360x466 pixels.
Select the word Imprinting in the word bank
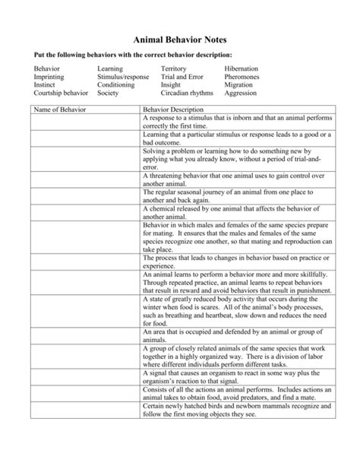49,77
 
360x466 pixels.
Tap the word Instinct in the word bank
45,85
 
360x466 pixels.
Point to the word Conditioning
117,85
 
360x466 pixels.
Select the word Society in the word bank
109,94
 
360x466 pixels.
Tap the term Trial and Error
182,77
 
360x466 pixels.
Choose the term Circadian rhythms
188,94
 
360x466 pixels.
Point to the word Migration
241,85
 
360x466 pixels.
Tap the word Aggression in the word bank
242,94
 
